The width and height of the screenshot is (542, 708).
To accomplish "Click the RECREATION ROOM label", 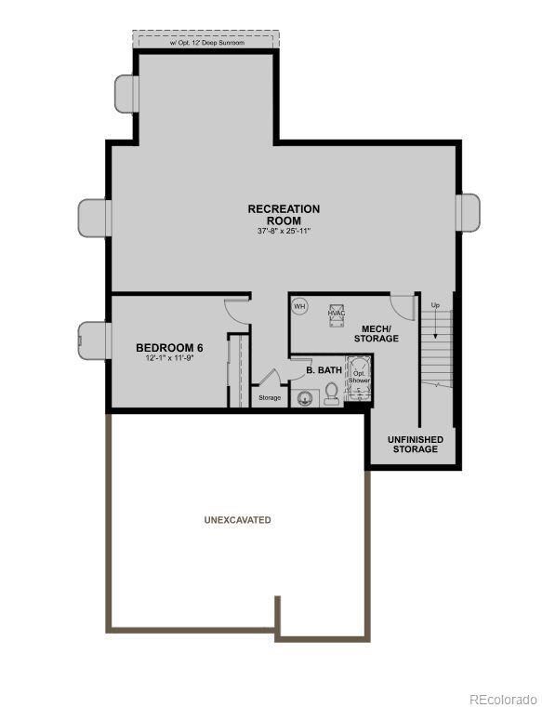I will [284, 215].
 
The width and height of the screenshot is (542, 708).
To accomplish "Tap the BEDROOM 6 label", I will [169, 348].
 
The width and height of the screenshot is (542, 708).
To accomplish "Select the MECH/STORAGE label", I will [376, 333].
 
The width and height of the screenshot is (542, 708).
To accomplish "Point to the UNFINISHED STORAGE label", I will [415, 444].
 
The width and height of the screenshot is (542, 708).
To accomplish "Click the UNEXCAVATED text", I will [238, 520].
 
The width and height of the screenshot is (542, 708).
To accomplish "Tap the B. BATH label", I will [324, 370].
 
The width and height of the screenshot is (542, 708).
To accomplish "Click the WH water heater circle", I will [299, 306].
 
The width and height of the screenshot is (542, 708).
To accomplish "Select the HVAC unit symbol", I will [336, 313].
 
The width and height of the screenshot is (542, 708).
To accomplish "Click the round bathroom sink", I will [303, 399].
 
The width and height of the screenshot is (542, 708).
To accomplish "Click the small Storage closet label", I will [270, 398].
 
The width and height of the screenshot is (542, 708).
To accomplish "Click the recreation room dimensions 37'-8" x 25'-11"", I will [284, 231].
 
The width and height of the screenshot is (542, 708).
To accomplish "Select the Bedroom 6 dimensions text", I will [169, 359].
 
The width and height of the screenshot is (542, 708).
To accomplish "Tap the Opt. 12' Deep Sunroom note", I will [205, 41].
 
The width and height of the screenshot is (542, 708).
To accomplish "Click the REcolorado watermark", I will [502, 698].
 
